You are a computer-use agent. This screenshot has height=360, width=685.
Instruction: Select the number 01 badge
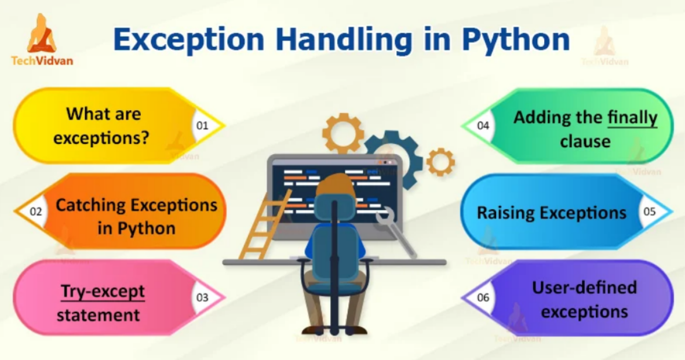(x=202, y=125)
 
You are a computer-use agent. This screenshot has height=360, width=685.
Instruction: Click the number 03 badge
(x=202, y=298)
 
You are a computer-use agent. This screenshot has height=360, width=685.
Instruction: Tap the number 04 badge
(x=483, y=125)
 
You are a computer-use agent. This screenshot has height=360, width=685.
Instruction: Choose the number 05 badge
(x=650, y=211)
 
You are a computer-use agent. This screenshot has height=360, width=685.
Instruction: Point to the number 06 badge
(x=483, y=298)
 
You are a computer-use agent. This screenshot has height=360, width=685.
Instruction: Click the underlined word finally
(x=632, y=118)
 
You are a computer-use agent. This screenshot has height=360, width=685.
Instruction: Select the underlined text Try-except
(x=103, y=292)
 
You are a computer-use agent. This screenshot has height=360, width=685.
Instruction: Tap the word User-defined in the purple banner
(x=584, y=287)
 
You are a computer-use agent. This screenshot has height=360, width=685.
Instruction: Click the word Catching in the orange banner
(x=91, y=205)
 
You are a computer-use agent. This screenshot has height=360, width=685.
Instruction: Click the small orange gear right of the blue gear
(x=440, y=162)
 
